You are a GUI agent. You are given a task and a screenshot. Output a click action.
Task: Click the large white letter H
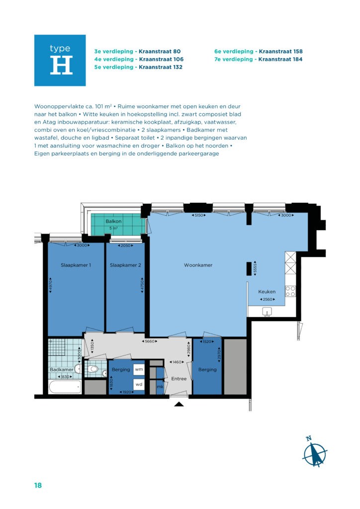click(x=61, y=65)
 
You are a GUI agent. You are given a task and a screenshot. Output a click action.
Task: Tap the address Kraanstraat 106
click(x=161, y=59)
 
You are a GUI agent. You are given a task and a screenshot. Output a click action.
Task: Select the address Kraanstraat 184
click(x=280, y=59)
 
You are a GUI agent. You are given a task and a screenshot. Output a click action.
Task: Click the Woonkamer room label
click(x=198, y=265)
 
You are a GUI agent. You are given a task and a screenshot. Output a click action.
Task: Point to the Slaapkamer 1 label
click(x=76, y=265)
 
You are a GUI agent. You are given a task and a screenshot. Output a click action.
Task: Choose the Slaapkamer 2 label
click(x=125, y=265)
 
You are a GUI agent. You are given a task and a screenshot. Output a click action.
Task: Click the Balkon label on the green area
click(x=113, y=221)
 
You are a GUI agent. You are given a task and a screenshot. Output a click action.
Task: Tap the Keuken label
click(x=267, y=291)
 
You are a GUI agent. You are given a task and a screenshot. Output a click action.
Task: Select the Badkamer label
click(x=61, y=369)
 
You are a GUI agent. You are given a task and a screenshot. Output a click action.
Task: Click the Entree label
click(x=179, y=378)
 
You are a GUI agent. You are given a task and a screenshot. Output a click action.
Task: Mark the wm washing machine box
click(x=139, y=369)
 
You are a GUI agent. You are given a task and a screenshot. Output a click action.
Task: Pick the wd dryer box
click(x=139, y=384)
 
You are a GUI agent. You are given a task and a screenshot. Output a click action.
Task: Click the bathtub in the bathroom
click(x=65, y=387)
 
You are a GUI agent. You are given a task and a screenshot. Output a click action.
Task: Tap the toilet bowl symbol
click(x=93, y=369)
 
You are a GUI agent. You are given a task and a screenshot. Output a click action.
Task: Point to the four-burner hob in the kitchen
click(x=290, y=291)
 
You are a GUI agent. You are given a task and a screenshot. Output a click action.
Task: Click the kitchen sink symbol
click(x=267, y=312)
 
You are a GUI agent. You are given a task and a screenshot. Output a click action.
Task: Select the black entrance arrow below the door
click(x=179, y=404)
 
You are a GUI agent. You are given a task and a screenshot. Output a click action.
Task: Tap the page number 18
click(x=38, y=485)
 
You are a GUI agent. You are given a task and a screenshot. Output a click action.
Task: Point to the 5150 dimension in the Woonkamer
click(x=198, y=215)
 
